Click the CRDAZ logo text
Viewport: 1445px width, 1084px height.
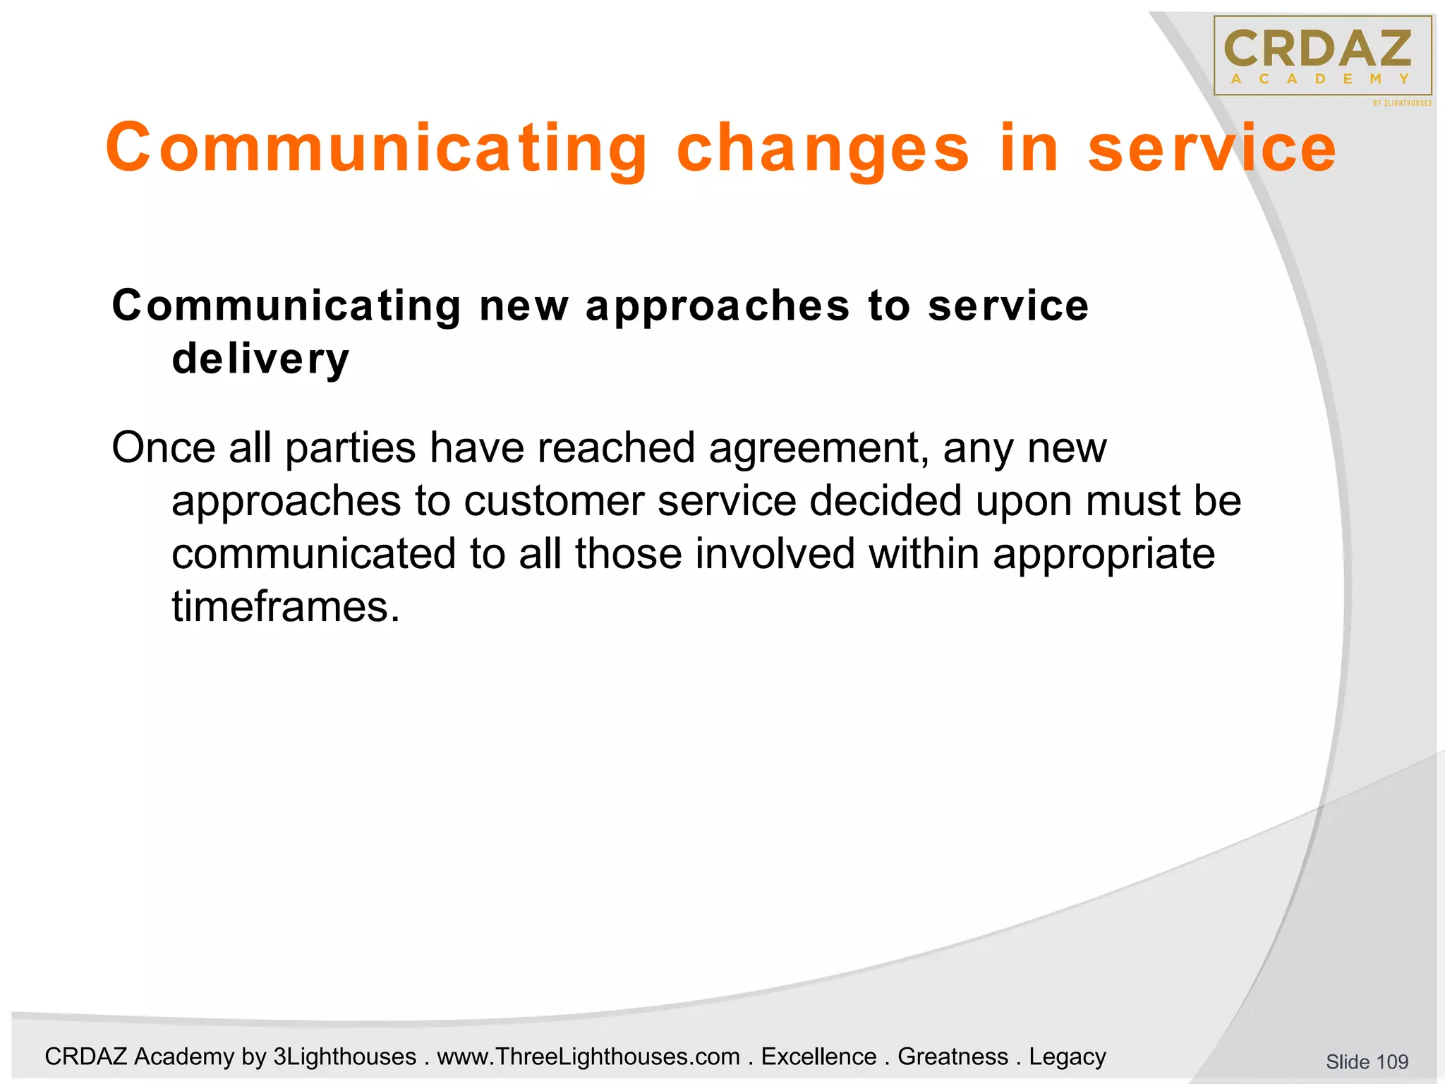(1317, 49)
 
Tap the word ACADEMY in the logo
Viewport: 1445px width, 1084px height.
(1320, 79)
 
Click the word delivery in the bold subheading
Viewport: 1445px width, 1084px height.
(260, 359)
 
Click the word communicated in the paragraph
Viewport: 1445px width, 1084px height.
(313, 553)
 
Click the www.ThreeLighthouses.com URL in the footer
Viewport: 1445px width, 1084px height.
(588, 1056)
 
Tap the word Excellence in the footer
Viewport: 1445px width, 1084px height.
(818, 1056)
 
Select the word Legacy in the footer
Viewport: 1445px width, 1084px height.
(1067, 1056)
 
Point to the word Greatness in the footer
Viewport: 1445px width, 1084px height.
(953, 1056)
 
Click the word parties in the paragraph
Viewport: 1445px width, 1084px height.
(351, 449)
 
